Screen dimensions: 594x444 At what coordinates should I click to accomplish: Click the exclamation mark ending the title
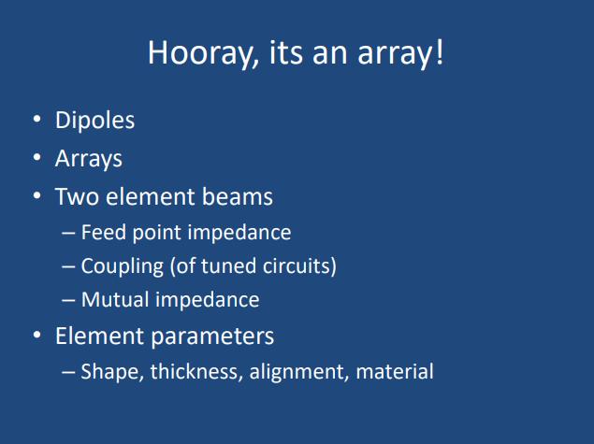coord(440,51)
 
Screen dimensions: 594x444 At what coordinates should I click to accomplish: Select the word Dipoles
coord(94,121)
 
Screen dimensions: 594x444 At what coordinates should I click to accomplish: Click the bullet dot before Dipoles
coord(36,119)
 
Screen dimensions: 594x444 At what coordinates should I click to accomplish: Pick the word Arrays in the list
coord(89,159)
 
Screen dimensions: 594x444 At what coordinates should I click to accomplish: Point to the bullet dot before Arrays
coord(36,157)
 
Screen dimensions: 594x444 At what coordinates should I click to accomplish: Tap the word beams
coord(237,196)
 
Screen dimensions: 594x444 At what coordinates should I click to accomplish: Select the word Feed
coord(104,232)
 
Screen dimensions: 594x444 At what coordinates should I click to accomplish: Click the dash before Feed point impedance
coord(68,233)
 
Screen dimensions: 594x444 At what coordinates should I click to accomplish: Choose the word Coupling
coord(122,266)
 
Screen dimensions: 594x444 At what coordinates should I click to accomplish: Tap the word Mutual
coord(116,299)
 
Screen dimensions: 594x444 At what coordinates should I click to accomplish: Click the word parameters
coord(212,337)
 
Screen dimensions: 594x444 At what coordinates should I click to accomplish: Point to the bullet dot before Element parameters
coord(36,335)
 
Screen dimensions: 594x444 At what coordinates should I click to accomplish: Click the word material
coord(395,371)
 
